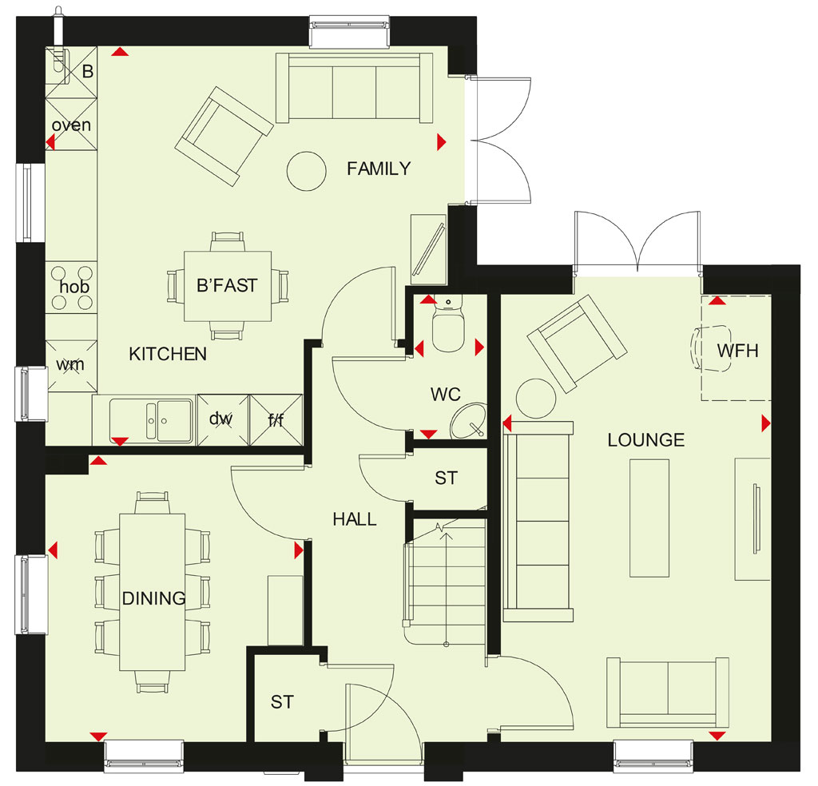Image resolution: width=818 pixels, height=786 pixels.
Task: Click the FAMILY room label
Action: [x=379, y=169]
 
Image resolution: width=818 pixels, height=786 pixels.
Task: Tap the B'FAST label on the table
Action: [x=227, y=285]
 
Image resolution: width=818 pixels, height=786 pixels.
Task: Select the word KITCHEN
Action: [x=168, y=354]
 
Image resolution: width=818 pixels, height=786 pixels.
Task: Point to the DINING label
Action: [x=153, y=597]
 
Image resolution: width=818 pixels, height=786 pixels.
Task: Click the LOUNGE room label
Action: [x=645, y=440]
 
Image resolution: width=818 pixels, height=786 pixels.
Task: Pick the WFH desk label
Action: [x=737, y=351]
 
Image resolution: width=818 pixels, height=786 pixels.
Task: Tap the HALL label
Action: [x=355, y=519]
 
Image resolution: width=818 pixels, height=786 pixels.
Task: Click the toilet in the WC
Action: [x=448, y=324]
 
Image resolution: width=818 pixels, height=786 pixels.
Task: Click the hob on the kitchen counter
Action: [x=71, y=288]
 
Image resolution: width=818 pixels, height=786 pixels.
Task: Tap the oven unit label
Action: [x=71, y=125]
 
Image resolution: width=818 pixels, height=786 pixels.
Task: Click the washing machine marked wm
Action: [x=71, y=366]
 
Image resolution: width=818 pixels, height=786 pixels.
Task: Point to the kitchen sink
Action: [x=151, y=420]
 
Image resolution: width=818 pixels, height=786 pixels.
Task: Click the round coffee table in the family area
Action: [x=307, y=171]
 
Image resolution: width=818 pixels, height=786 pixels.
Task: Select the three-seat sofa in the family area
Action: [x=354, y=88]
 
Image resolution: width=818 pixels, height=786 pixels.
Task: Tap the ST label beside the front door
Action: [x=282, y=702]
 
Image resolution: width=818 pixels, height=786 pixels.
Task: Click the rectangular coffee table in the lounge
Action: [x=649, y=518]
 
